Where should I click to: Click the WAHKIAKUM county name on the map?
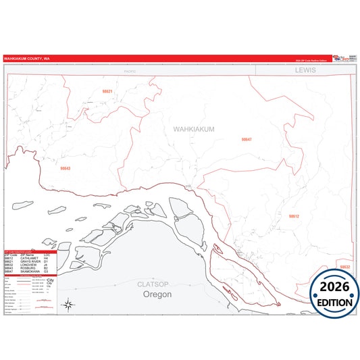point(193,129)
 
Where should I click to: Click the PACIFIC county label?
point(130,70)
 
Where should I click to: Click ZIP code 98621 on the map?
point(107,91)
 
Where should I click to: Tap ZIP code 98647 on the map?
point(247,139)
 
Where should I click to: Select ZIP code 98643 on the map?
point(66,168)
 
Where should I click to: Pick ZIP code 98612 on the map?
point(294,216)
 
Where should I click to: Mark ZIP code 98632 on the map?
point(345,267)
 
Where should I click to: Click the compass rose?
point(68,305)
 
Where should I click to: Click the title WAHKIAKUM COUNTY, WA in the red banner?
point(26,59)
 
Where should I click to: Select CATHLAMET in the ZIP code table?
point(30,258)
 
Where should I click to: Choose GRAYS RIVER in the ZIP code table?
point(31,261)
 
